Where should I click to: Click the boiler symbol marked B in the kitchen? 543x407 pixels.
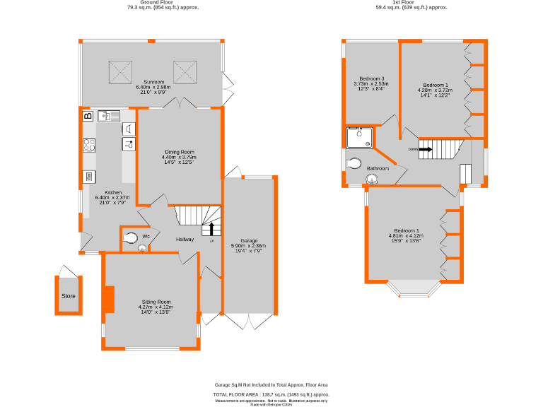point(88,116)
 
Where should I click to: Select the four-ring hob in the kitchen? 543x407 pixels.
point(90,146)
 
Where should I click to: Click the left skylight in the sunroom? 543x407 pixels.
point(119,71)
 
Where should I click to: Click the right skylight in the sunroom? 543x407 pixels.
point(185,71)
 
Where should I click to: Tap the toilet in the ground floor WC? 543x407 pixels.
point(130,239)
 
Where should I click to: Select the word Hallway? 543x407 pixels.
point(185,240)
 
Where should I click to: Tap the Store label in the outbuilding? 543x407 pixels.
point(68,295)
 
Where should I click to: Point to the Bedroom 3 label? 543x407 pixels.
point(371,78)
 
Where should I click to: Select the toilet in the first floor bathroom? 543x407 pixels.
point(355,163)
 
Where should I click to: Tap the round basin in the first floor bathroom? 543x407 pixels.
point(372,180)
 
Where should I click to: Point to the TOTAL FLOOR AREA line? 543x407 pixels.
point(271,394)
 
